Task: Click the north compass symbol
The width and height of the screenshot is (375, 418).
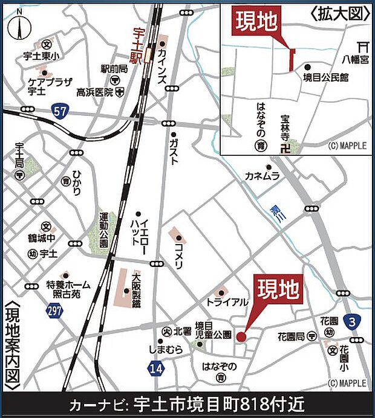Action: point(19,27)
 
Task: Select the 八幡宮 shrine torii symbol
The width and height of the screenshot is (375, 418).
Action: point(363,45)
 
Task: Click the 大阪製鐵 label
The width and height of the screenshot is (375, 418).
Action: point(135,292)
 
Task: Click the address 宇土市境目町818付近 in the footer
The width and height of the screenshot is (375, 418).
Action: point(218,404)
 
